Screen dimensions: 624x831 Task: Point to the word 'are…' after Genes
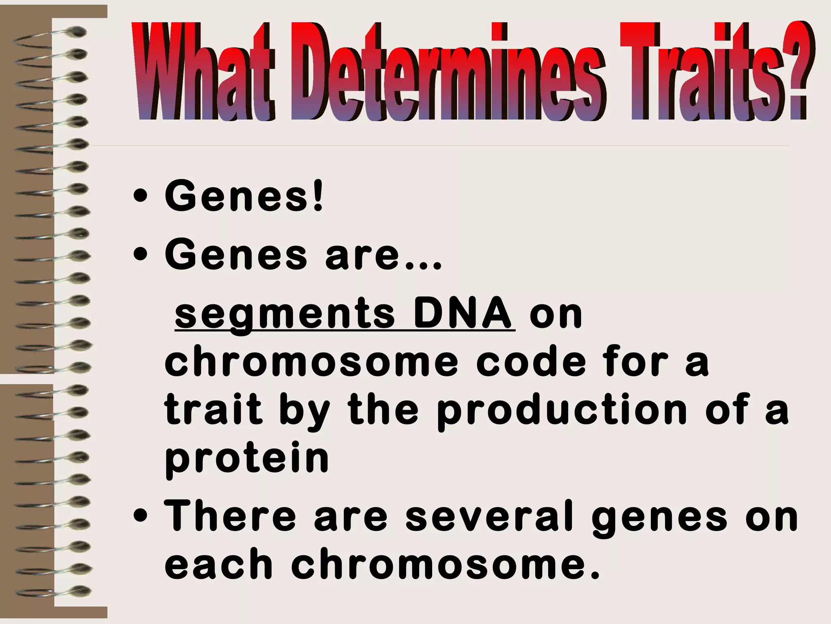point(383,255)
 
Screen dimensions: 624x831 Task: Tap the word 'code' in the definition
point(532,361)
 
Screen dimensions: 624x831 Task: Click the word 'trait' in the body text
point(213,409)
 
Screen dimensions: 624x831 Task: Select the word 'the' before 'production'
point(383,409)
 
